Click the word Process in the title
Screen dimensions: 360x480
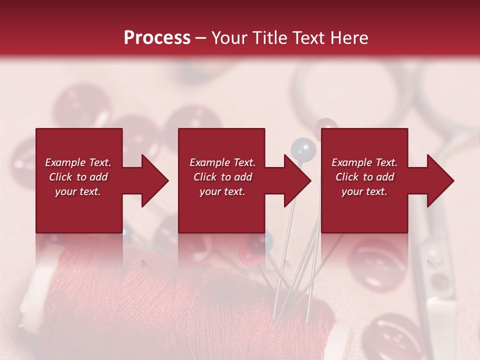(157, 37)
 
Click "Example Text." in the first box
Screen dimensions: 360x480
(78, 162)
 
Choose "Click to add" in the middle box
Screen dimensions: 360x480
(222, 177)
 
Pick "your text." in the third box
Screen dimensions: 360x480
(364, 191)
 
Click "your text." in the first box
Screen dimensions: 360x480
(78, 191)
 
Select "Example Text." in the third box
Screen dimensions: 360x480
(364, 162)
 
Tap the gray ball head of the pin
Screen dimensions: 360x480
(303, 148)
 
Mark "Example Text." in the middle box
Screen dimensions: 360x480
(222, 162)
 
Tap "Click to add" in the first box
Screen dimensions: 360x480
(78, 177)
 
